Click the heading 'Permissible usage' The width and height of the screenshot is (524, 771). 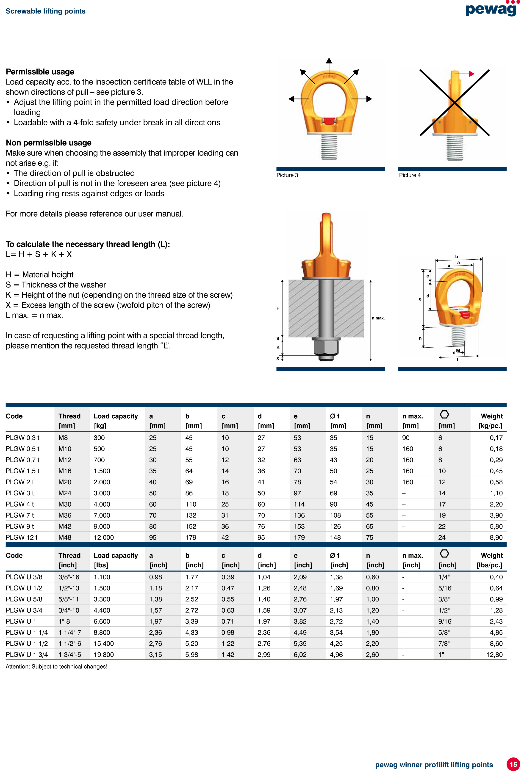click(x=40, y=72)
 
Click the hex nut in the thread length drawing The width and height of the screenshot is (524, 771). click(x=326, y=347)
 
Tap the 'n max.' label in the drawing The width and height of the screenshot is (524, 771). click(x=378, y=318)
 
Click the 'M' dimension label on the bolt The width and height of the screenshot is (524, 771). click(x=458, y=351)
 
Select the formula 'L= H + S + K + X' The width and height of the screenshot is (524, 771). click(x=39, y=255)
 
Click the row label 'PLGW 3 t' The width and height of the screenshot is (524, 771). click(x=20, y=493)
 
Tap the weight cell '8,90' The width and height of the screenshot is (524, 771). click(x=496, y=538)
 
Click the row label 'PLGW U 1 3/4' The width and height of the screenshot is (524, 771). click(x=27, y=655)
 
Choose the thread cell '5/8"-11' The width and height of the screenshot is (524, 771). click(x=69, y=599)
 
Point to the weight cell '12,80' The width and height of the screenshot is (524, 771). click(x=494, y=655)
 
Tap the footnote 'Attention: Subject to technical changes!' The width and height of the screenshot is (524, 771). click(x=56, y=667)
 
